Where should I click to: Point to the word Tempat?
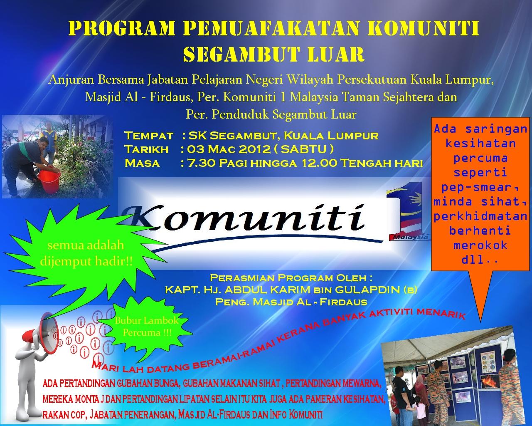coord(148,136)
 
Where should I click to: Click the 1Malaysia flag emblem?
coord(405,212)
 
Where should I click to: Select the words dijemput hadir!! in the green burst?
coord(86,261)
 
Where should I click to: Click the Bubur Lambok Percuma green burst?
coord(147,327)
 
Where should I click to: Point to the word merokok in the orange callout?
coord(480,245)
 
